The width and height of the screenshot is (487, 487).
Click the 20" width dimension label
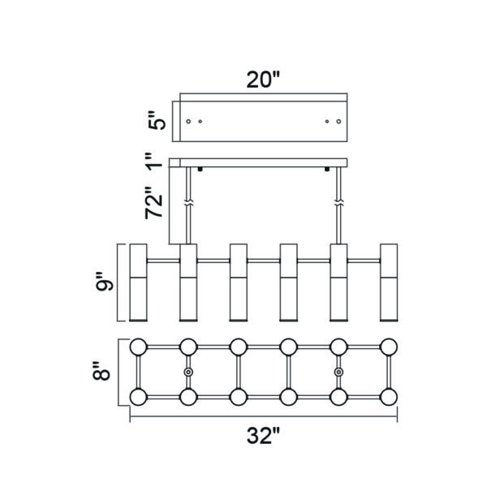click(263, 80)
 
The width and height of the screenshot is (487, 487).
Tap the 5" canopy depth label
click(157, 120)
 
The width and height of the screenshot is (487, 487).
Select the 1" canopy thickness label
click(155, 162)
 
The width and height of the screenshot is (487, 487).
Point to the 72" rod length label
click(154, 203)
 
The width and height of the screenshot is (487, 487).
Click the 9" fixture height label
click(105, 282)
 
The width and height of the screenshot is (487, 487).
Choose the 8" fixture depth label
click(101, 371)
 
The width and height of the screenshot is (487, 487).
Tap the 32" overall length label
click(263, 435)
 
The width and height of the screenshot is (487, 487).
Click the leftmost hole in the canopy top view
click(188, 121)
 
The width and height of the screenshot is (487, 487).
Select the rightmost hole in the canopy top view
click(338, 121)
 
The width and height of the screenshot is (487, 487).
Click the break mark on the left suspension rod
click(188, 204)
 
